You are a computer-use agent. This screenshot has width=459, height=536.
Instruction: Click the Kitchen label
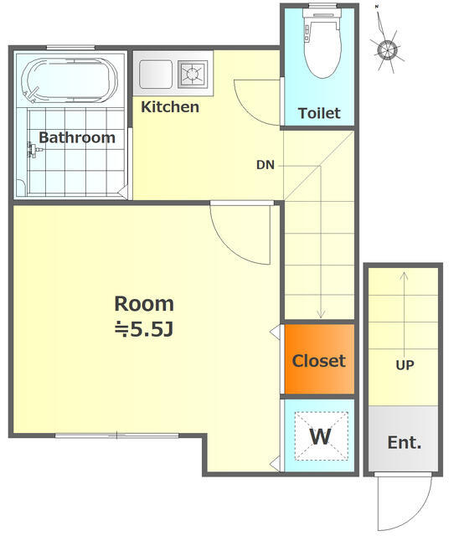(x=170, y=107)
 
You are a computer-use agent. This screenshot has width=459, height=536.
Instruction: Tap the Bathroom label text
(x=77, y=137)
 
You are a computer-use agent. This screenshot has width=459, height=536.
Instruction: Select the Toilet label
(x=319, y=113)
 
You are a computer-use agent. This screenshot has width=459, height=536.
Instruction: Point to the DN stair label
(x=266, y=165)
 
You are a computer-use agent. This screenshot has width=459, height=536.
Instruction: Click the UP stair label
(x=405, y=365)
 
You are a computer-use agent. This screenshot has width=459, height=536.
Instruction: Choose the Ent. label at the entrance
(x=405, y=443)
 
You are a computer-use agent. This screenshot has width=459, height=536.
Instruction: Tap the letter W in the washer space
(x=320, y=436)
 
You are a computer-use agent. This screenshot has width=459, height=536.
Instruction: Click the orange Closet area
(x=320, y=359)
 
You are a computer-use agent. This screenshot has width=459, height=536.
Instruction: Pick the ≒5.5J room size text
(x=144, y=329)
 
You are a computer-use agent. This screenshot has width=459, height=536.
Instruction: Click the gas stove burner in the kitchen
(x=193, y=74)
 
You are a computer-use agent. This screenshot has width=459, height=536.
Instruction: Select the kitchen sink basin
(x=156, y=75)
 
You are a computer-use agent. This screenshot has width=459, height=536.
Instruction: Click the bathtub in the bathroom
(x=70, y=81)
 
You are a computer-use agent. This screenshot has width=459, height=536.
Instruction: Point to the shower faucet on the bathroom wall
(x=34, y=150)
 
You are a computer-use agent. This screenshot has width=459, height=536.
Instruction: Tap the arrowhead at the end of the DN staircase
(x=321, y=314)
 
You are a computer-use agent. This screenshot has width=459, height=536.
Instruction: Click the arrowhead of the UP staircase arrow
(x=405, y=276)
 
